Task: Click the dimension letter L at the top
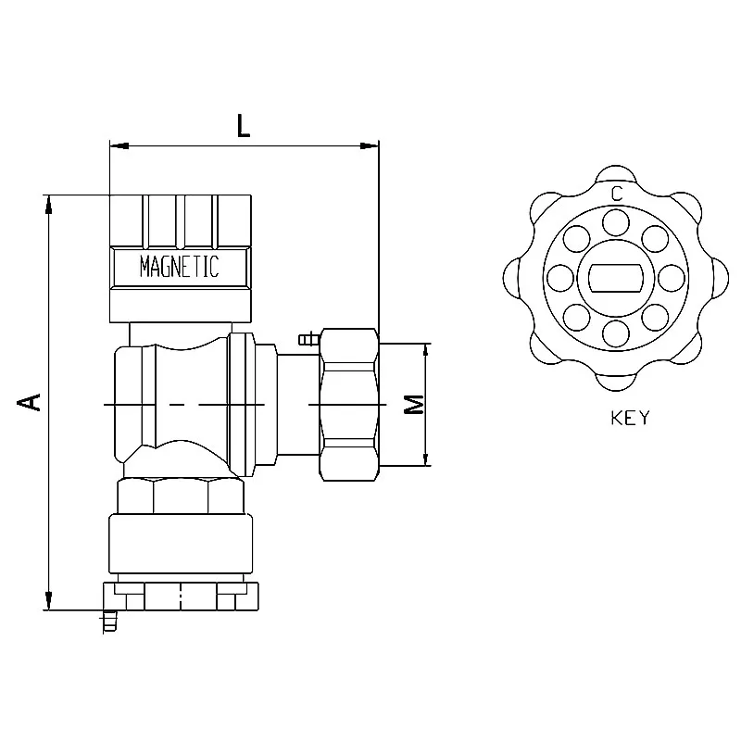tap(243, 125)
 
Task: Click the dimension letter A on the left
tap(31, 401)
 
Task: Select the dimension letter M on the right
tap(414, 405)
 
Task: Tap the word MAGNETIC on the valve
tap(179, 268)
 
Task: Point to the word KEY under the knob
tap(630, 418)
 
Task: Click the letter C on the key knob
tap(616, 194)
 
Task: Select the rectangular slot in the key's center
tap(616, 277)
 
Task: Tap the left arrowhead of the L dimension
tap(116, 145)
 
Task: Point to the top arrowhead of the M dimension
tap(427, 350)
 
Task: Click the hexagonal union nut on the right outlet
tap(349, 405)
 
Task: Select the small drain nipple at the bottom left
tap(109, 621)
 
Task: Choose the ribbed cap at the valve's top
tap(181, 220)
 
